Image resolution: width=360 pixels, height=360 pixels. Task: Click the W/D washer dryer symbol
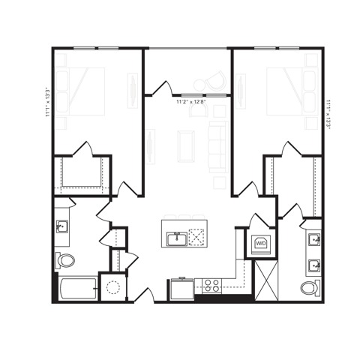[261, 244]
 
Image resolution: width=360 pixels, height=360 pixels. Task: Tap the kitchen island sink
[177, 239]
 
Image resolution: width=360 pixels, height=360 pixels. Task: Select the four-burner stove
[211, 285]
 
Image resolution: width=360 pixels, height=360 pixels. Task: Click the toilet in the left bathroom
[65, 261]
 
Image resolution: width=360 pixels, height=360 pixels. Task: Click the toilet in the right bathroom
[310, 288]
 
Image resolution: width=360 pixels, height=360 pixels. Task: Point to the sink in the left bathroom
[61, 226]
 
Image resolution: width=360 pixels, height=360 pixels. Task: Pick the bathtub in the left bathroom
[77, 288]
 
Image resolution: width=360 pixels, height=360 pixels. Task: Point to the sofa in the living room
[218, 142]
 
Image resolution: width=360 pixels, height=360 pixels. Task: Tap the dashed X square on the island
[197, 238]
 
